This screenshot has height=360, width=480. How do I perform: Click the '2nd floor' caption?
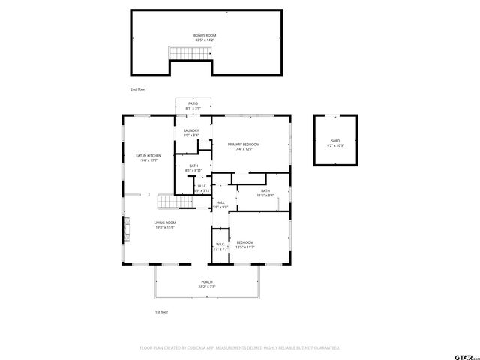pos(137,88)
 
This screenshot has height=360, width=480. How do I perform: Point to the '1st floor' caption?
pos(161,311)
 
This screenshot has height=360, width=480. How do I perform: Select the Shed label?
pos(335,142)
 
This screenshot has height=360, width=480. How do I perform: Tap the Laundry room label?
pos(191,133)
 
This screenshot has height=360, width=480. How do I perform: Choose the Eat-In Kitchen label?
pos(148,157)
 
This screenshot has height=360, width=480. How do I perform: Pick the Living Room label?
pos(165,224)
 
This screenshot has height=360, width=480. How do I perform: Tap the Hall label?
pos(220,204)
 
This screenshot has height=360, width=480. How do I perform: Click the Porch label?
pos(206,283)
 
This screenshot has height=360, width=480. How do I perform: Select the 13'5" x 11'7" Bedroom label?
pos(245,244)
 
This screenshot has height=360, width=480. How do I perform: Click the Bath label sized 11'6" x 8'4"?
pos(265,193)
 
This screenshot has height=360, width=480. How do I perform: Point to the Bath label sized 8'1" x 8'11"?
pos(193,168)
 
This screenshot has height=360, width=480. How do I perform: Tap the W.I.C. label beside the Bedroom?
pos(220,246)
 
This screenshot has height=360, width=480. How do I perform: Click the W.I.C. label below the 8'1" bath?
pos(202,188)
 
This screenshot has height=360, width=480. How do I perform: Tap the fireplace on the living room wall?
pos(127,228)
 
